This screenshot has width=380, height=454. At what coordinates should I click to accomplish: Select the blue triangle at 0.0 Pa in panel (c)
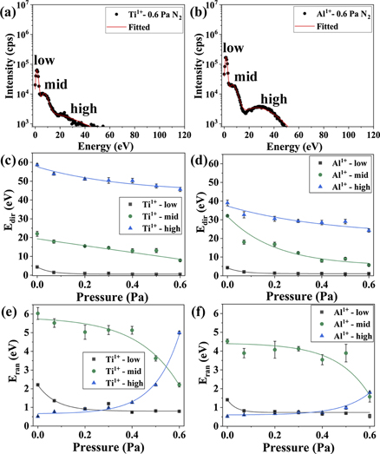(x=36, y=164)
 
